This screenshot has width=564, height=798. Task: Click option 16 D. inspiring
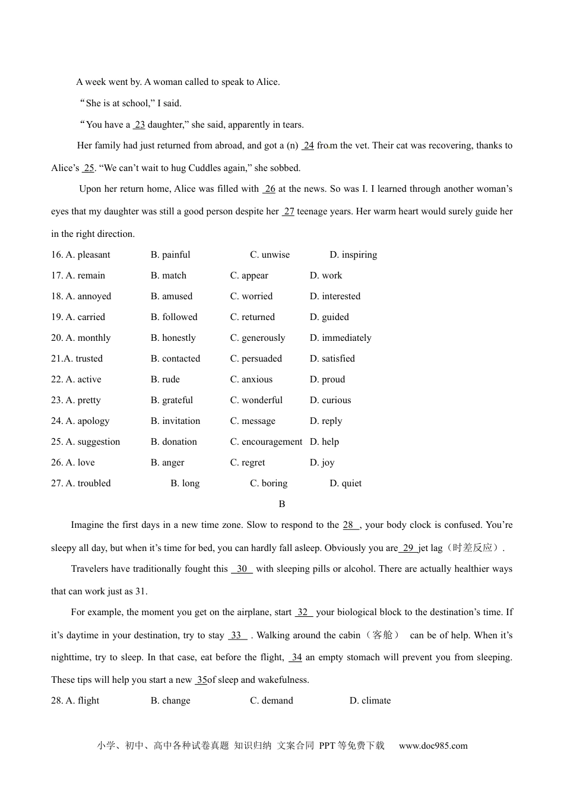tap(353, 255)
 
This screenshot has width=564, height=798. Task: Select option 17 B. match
tap(169, 275)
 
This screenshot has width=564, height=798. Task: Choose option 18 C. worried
tap(251, 296)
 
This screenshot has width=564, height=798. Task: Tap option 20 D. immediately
tap(340, 338)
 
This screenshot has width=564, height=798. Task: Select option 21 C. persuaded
tap(256, 359)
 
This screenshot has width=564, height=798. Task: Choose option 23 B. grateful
tap(172, 400)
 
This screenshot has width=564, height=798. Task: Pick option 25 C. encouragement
tap(266, 442)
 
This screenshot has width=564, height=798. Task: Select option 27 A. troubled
tap(81, 483)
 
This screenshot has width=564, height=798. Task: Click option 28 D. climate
tap(370, 701)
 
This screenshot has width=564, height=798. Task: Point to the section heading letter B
tap(282, 504)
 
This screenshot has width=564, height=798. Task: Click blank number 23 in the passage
tap(140, 125)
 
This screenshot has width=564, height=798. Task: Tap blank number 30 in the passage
tap(242, 569)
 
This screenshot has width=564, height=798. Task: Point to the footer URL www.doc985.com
tap(433, 746)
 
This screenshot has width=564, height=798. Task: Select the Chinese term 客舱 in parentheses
tap(382, 635)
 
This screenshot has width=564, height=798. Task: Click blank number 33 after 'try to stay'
tap(236, 635)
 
